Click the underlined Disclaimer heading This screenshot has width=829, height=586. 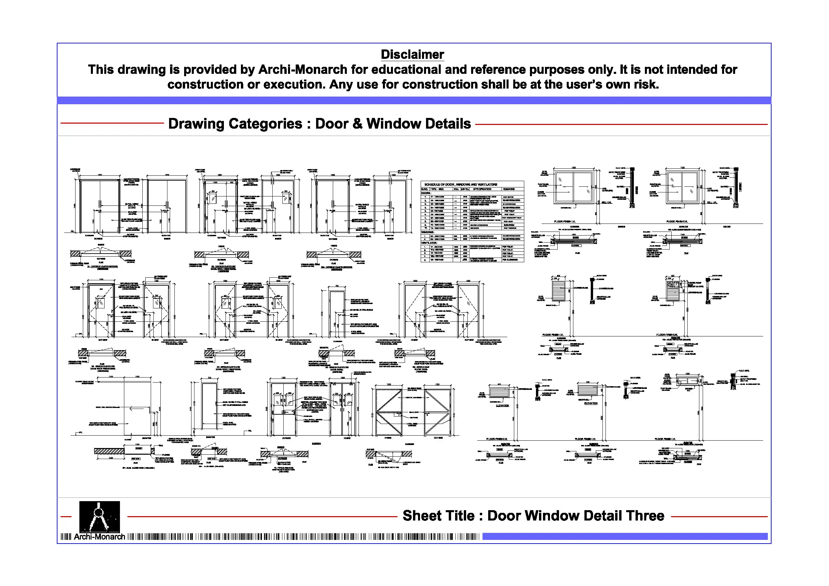tap(412, 54)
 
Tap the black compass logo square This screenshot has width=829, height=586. tap(99, 516)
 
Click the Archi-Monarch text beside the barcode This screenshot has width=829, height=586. tap(99, 537)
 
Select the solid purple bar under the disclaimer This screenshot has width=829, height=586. tap(414, 100)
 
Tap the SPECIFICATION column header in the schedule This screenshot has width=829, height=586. tap(482, 189)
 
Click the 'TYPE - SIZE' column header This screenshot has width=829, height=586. tap(436, 189)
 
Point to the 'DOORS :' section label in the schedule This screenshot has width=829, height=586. tap(426, 193)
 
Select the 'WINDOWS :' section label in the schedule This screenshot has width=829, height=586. tap(428, 232)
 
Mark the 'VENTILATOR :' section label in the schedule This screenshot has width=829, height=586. tap(429, 243)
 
